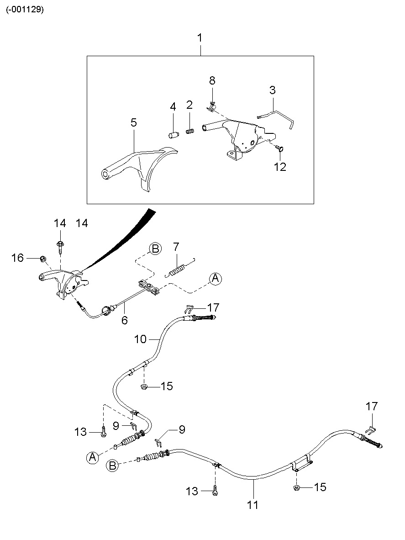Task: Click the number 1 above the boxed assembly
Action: click(x=200, y=37)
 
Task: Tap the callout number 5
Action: click(x=133, y=123)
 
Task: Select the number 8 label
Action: click(x=212, y=81)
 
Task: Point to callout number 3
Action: click(x=272, y=90)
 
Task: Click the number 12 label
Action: click(x=280, y=167)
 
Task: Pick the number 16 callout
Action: click(x=17, y=259)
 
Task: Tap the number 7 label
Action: click(x=175, y=247)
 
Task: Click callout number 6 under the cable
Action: click(x=124, y=320)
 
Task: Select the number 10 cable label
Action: click(x=140, y=339)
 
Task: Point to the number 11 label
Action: click(x=252, y=505)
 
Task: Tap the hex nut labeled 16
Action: click(x=42, y=259)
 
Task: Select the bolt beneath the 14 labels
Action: click(x=60, y=245)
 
